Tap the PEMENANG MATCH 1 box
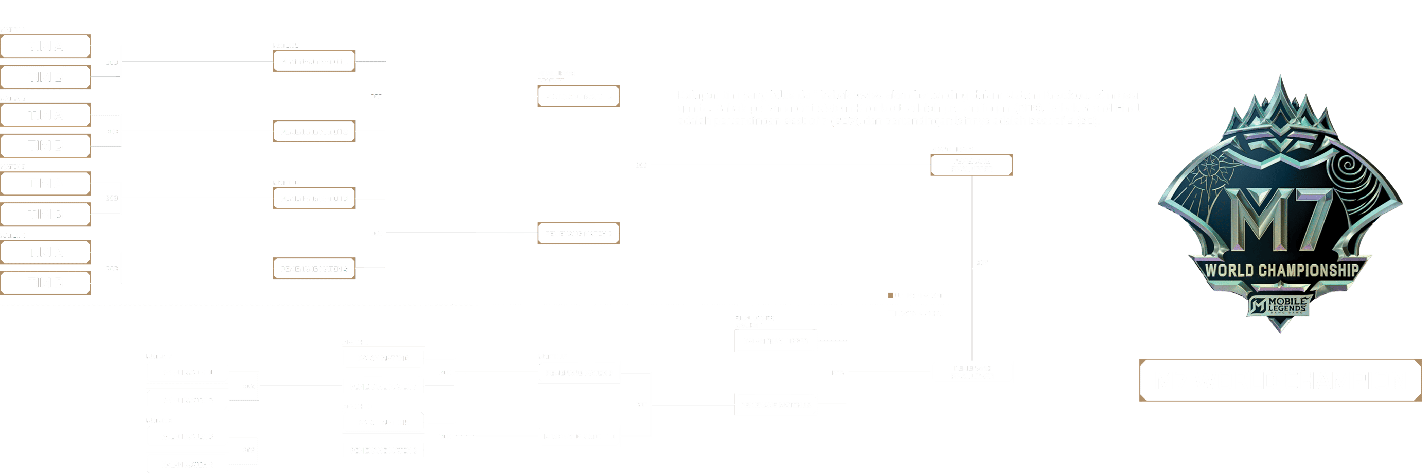click(314, 61)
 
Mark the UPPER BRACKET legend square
click(890, 295)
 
